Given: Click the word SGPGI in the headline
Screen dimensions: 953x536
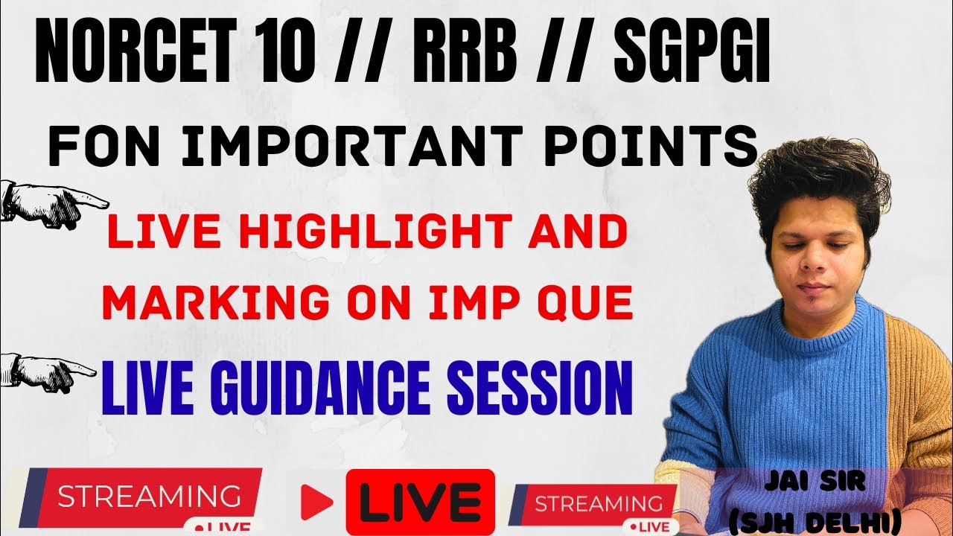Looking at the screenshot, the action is (692, 52).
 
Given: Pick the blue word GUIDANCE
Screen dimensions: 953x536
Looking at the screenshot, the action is (320, 389).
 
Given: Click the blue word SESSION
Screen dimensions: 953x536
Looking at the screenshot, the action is (540, 389).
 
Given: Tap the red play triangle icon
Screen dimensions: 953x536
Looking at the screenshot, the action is (316, 502).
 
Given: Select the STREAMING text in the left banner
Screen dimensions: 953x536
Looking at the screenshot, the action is (149, 496).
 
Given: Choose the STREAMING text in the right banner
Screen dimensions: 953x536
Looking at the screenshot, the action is (599, 504).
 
